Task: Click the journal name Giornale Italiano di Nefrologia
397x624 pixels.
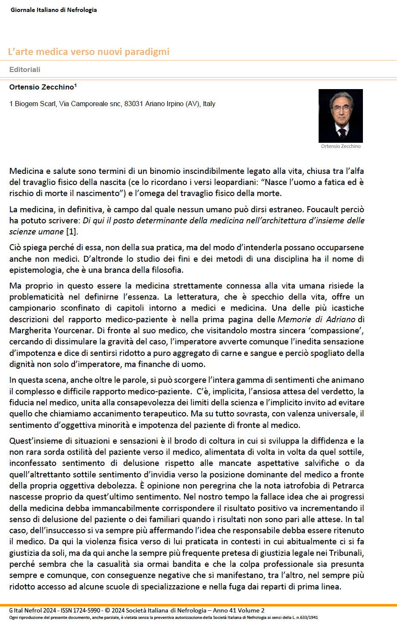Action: [x=54, y=10]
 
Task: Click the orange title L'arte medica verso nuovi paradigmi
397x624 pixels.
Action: [x=89, y=52]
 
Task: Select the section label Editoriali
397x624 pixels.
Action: [x=25, y=69]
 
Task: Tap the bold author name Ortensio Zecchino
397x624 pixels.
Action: [x=42, y=87]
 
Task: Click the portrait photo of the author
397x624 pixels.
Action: [x=341, y=116]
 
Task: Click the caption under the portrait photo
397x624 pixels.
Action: [x=341, y=146]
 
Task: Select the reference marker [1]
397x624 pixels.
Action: [x=72, y=231]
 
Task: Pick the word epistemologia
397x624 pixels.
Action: [x=37, y=270]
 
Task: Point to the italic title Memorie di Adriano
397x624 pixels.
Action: [x=316, y=319]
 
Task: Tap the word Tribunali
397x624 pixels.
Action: [x=347, y=553]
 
